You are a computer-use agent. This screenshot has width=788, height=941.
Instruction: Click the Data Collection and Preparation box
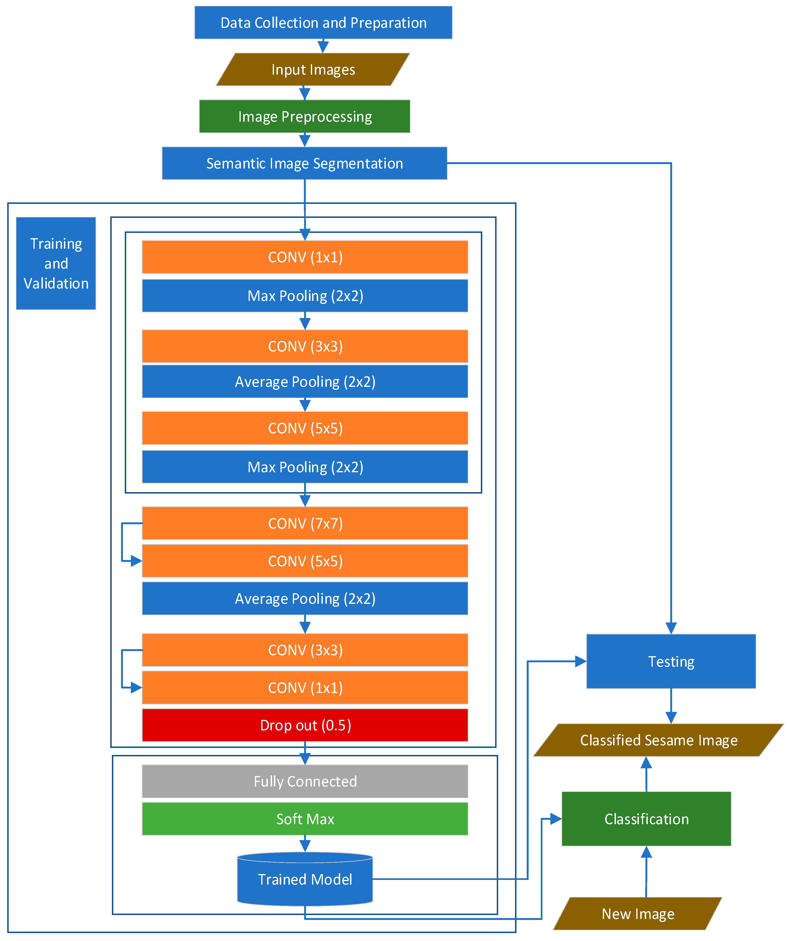tap(323, 22)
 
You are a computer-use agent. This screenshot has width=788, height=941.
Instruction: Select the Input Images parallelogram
tap(313, 70)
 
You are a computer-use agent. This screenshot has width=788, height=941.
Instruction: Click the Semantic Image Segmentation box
tap(304, 163)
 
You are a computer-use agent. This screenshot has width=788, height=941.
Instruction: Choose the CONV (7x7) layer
tap(305, 523)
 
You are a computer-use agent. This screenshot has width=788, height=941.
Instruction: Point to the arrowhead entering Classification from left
tap(556, 819)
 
